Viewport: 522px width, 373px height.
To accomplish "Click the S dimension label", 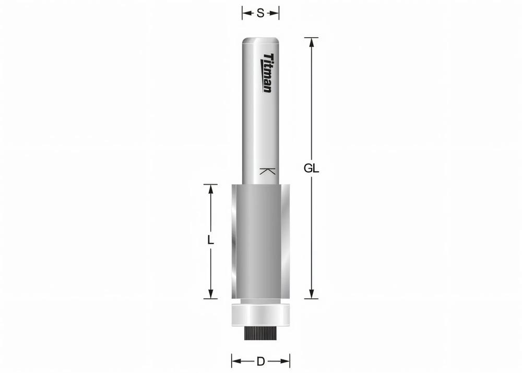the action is click(260, 14).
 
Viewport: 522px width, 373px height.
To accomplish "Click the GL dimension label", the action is click(311, 169).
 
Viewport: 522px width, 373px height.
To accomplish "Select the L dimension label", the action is click(210, 240).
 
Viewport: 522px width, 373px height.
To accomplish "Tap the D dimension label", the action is click(260, 361).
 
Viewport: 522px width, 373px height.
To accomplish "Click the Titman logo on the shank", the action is click(267, 73).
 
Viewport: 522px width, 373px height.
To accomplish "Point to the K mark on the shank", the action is click(267, 171).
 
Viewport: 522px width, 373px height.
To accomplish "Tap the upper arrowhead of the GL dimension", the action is click(311, 43).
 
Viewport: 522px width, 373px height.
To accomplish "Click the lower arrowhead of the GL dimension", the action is click(311, 294).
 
